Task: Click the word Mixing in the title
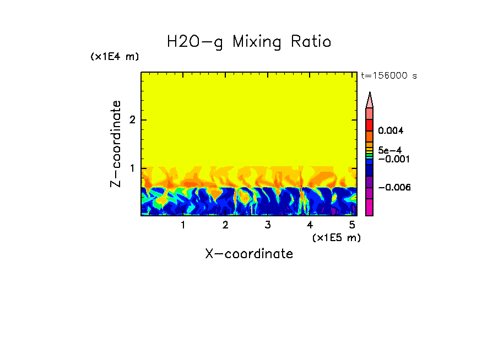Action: (x=256, y=42)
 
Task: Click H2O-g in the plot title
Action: (x=195, y=42)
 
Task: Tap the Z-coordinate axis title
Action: (x=116, y=144)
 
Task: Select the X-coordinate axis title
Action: (x=249, y=254)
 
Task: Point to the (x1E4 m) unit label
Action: (x=115, y=57)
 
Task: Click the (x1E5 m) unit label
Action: (x=336, y=237)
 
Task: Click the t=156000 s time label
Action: (x=388, y=76)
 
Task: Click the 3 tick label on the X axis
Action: (x=268, y=225)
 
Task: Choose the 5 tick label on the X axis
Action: (x=352, y=225)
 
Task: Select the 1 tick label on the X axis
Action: (x=183, y=225)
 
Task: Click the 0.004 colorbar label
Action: (x=391, y=131)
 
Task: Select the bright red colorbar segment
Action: (x=370, y=124)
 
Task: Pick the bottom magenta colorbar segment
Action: (x=370, y=207)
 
